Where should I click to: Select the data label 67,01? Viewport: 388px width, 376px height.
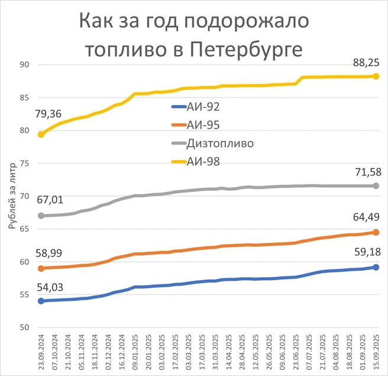(x=50, y=200)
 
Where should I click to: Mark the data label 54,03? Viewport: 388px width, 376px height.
(x=50, y=287)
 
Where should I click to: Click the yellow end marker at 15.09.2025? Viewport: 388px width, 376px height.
(x=375, y=76)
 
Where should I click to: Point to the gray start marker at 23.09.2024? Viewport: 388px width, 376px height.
(x=41, y=216)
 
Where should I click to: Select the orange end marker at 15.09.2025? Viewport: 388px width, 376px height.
(x=375, y=232)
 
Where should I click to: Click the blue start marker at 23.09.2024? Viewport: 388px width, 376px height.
(x=41, y=301)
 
